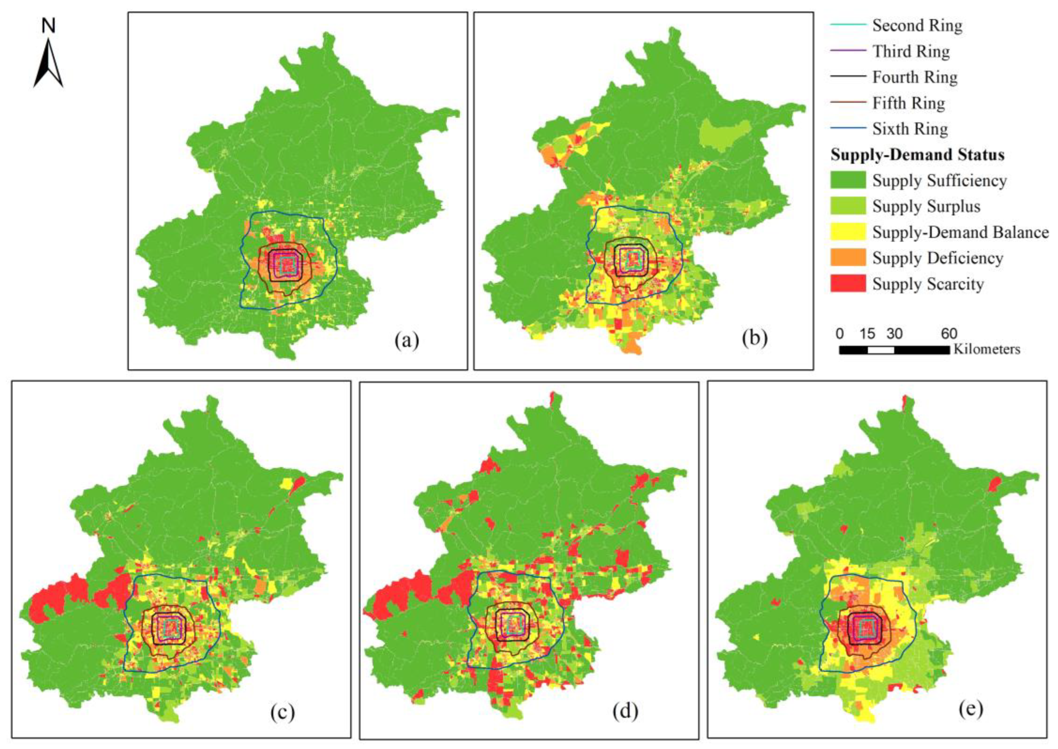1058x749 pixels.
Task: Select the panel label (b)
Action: click(x=755, y=338)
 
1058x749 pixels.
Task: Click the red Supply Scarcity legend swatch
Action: click(x=848, y=283)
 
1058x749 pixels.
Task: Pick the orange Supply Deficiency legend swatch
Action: click(x=848, y=257)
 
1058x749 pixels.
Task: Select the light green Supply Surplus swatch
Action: click(x=848, y=206)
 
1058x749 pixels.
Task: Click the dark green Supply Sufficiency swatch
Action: click(x=848, y=180)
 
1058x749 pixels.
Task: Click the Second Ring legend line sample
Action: click(x=848, y=25)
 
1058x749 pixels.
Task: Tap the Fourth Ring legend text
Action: click(x=915, y=77)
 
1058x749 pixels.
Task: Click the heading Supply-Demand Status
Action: click(x=917, y=155)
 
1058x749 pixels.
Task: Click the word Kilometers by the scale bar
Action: click(x=986, y=349)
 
